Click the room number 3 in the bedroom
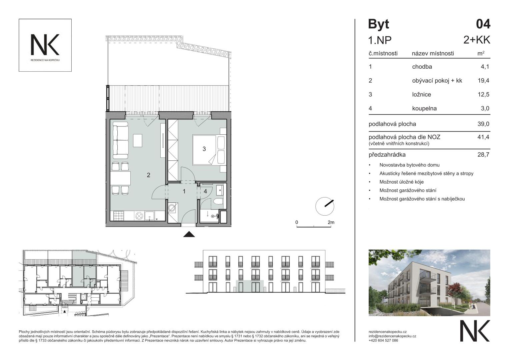[x=204, y=149]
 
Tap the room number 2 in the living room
[x=148, y=175]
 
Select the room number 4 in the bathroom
[x=205, y=191]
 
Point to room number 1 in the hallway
[x=184, y=191]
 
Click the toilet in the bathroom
[x=219, y=202]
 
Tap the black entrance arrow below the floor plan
[x=189, y=234]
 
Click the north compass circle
[x=325, y=206]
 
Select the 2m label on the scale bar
[x=331, y=222]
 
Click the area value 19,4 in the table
[x=483, y=80]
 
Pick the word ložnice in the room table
[x=422, y=94]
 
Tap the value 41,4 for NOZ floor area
[x=483, y=137]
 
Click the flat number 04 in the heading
[x=483, y=24]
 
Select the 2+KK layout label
[x=477, y=40]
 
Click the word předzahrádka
[x=387, y=155]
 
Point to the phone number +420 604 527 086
[x=383, y=340]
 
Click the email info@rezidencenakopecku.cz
[x=392, y=336]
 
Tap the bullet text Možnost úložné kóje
[x=402, y=182]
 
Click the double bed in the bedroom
[x=210, y=150]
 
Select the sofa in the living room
[x=121, y=140]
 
